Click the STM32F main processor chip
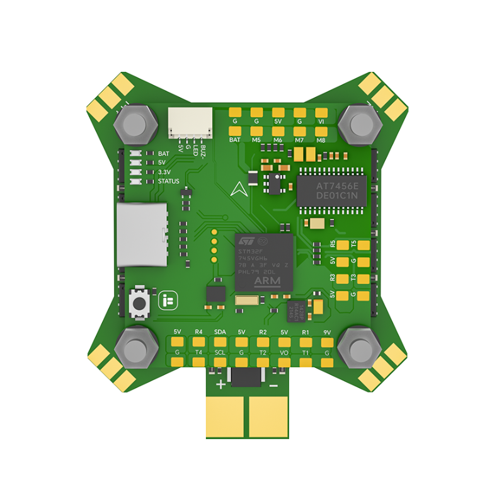point(264,263)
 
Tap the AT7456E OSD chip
point(331,188)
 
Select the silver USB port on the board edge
point(141,234)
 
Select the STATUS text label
point(168,181)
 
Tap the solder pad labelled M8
point(321,130)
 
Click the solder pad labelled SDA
point(220,341)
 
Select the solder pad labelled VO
point(283,361)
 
